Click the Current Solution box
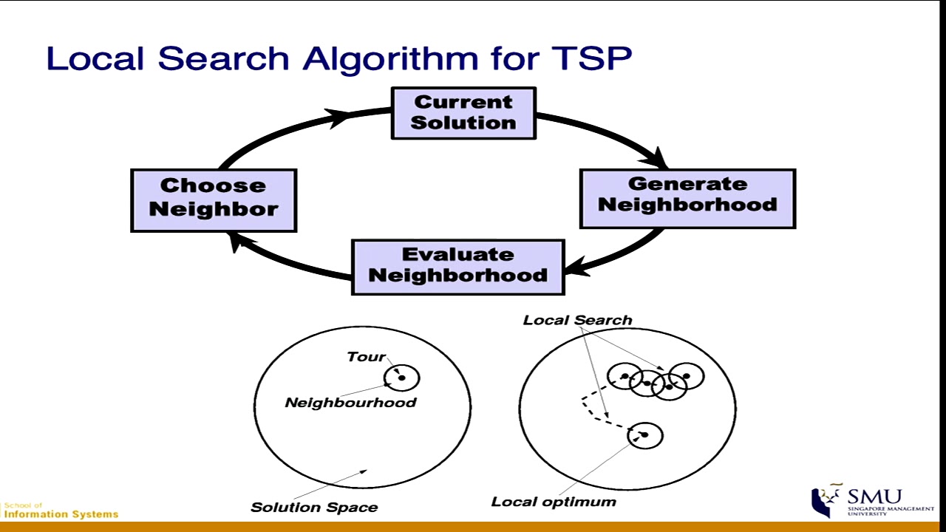click(463, 113)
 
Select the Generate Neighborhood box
click(688, 199)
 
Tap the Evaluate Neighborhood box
click(458, 267)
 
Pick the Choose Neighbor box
click(214, 200)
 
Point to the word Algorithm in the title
click(391, 59)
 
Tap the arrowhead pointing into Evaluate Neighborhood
click(577, 267)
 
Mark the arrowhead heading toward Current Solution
click(338, 117)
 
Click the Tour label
click(366, 357)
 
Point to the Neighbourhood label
click(351, 403)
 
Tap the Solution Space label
click(314, 507)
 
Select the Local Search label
click(578, 320)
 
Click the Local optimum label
click(554, 502)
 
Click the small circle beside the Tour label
click(401, 378)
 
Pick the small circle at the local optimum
click(645, 435)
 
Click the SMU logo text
click(874, 497)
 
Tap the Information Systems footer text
click(61, 514)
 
